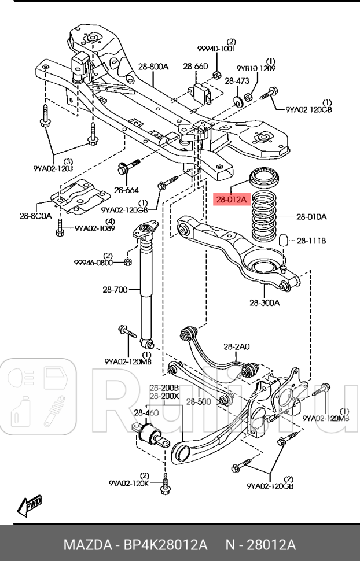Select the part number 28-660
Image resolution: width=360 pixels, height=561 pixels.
click(x=195, y=67)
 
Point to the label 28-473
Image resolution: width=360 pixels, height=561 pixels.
click(x=237, y=81)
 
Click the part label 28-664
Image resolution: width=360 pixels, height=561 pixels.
click(x=126, y=189)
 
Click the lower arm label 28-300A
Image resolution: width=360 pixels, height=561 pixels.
click(x=266, y=302)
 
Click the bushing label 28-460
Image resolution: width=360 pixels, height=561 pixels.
click(x=146, y=412)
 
